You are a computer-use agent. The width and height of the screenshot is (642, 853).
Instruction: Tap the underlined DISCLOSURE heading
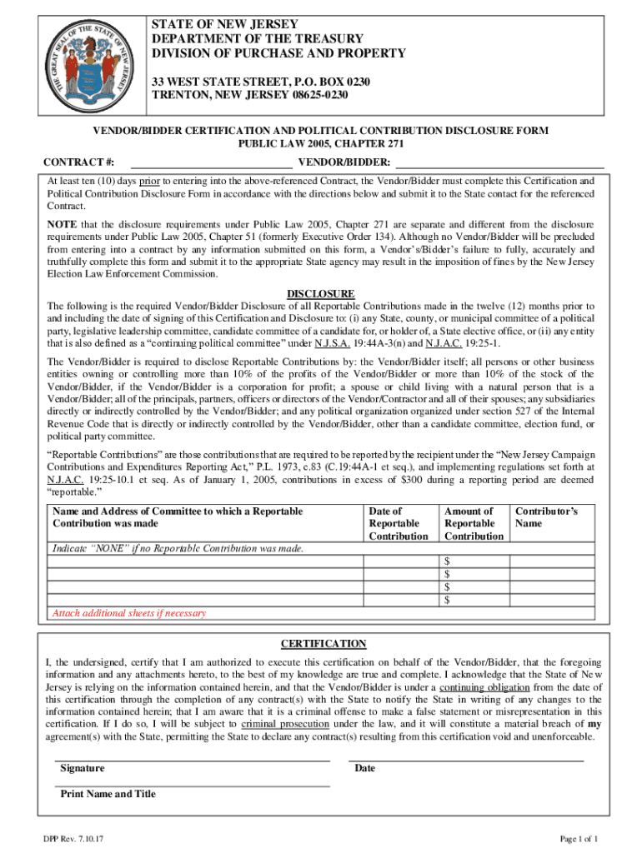coord(321,294)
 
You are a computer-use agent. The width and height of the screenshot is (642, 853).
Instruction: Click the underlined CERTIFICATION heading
coord(323,644)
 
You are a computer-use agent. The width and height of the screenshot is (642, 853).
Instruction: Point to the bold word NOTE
coord(61,225)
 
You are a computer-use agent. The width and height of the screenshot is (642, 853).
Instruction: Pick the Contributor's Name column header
coord(546,517)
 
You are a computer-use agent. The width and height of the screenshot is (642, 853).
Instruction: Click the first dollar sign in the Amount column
coord(448,561)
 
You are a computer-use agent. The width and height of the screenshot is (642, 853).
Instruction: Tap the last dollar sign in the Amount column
coord(448,600)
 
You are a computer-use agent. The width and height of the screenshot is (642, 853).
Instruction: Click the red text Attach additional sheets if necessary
coord(128,613)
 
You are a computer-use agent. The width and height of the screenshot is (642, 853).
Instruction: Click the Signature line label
coord(83,768)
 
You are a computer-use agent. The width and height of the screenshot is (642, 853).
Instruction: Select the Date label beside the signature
coord(364,768)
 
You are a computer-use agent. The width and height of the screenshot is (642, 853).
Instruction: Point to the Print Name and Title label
coord(108,794)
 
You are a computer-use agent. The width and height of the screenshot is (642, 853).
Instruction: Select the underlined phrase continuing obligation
coord(484,687)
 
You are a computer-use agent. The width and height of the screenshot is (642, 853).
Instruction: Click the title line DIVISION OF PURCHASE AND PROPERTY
coord(278,53)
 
